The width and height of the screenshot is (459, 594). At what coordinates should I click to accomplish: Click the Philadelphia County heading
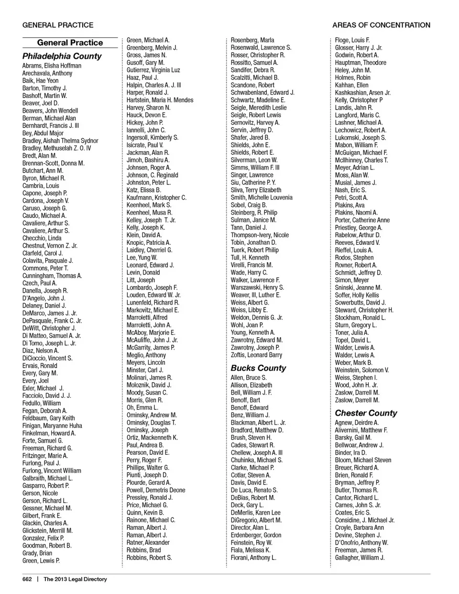[x=62, y=56]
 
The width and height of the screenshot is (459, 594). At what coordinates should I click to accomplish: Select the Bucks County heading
[x=258, y=368]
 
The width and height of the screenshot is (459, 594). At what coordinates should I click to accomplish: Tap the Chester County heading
[x=366, y=413]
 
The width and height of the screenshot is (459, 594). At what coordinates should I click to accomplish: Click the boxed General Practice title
[x=70, y=43]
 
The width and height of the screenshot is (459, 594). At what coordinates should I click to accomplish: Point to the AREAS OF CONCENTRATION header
[x=381, y=25]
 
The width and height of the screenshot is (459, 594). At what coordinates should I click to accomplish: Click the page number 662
[x=27, y=579]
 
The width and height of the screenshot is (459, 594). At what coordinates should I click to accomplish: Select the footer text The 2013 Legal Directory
[x=75, y=579]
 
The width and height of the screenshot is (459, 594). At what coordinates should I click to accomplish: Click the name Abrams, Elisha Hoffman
[x=52, y=66]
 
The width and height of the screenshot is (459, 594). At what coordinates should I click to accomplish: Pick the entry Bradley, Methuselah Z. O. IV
[x=56, y=148]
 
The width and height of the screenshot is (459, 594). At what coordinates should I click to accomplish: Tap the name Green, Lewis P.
[x=41, y=561]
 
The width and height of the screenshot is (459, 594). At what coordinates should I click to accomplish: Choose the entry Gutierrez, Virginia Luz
[x=153, y=70]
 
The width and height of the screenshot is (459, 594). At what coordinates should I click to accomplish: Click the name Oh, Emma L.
[x=142, y=407]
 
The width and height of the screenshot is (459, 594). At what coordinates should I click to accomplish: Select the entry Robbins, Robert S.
[x=149, y=558]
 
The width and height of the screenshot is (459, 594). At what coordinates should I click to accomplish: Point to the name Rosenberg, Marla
[x=252, y=40]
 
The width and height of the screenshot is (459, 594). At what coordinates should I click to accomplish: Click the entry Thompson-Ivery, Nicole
[x=260, y=235]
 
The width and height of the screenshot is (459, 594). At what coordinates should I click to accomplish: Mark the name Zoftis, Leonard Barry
[x=256, y=355]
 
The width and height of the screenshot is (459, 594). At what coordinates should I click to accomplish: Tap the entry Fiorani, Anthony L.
[x=253, y=558]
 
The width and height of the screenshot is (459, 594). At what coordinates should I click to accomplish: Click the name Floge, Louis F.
[x=352, y=40]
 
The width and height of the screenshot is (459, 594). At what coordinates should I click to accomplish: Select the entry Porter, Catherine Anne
[x=362, y=220]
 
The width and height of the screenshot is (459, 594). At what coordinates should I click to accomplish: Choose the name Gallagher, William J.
[x=360, y=558]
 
